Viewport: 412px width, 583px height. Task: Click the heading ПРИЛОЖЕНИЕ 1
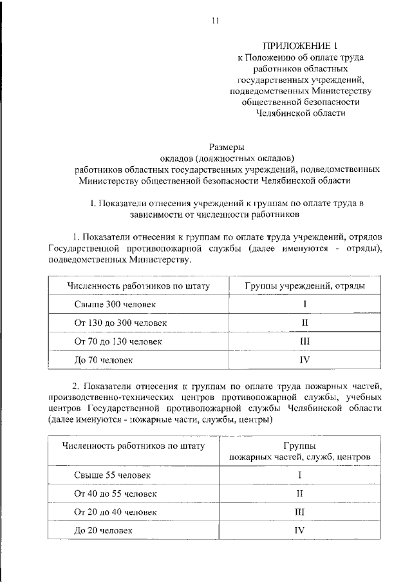301,45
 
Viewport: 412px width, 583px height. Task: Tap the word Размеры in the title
227,146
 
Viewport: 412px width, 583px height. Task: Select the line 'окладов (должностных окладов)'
227,158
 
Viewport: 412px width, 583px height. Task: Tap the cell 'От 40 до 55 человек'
116,493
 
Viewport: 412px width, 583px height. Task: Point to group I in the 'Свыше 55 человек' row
299,475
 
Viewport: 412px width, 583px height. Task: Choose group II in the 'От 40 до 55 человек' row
299,493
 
